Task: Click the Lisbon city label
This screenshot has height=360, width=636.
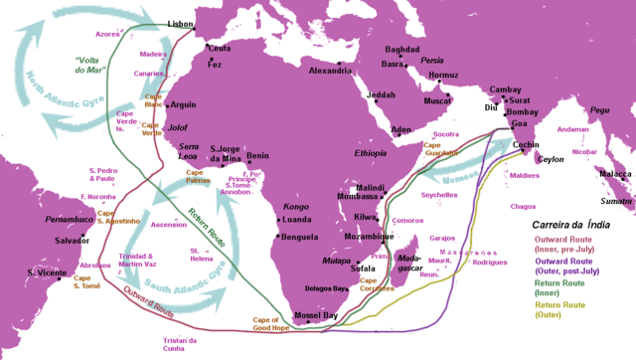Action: click(x=181, y=23)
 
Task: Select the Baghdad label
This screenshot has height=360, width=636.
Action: click(x=402, y=49)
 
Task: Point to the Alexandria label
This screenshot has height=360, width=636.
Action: click(x=331, y=71)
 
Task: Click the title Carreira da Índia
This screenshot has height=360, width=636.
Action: click(x=571, y=224)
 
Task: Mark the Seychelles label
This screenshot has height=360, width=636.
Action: click(x=438, y=195)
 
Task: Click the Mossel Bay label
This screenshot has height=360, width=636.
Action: click(x=317, y=315)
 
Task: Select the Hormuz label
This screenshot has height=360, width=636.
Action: click(x=443, y=75)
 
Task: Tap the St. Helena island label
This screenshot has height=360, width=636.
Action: click(x=203, y=256)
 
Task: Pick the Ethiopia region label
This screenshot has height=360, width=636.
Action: click(x=371, y=154)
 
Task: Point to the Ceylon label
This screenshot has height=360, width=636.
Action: click(x=551, y=159)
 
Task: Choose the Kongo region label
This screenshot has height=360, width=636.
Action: click(x=297, y=206)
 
